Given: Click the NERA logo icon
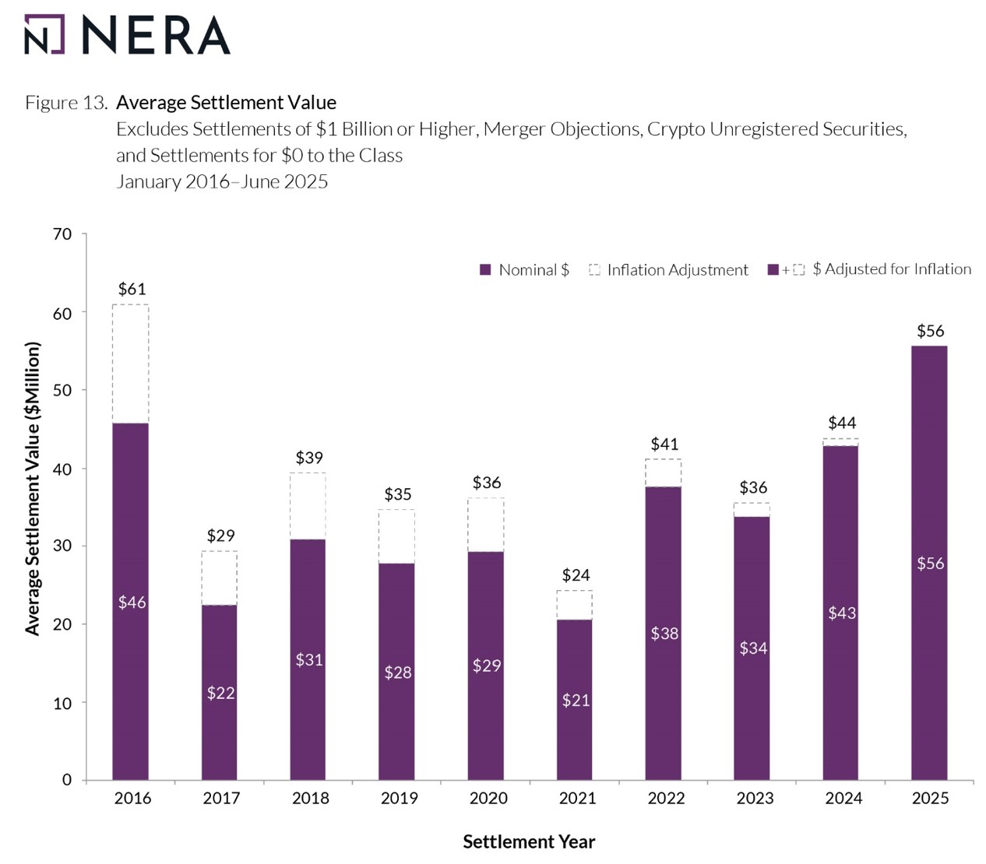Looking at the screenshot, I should point(44,34).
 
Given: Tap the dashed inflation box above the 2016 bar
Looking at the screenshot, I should point(131,364).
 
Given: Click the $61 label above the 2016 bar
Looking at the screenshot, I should point(132,289).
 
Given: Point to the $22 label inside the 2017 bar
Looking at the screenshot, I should point(220,693).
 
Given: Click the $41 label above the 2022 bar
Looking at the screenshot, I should point(664,444).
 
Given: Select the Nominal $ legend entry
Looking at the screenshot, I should point(525,270).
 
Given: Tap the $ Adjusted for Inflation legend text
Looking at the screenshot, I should point(892,269).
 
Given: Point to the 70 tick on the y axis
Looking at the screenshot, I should point(62,234).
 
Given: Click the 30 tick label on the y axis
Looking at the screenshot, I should point(62,546).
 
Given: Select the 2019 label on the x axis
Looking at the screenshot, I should point(399,798).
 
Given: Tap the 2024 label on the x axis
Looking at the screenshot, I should point(843,798).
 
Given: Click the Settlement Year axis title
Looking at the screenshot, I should point(529,841).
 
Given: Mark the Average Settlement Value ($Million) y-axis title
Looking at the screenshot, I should point(32,489).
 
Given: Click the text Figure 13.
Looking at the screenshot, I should point(65,103).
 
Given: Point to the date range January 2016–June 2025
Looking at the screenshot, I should point(222,182).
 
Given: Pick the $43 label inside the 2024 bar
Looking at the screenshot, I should point(842,613).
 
